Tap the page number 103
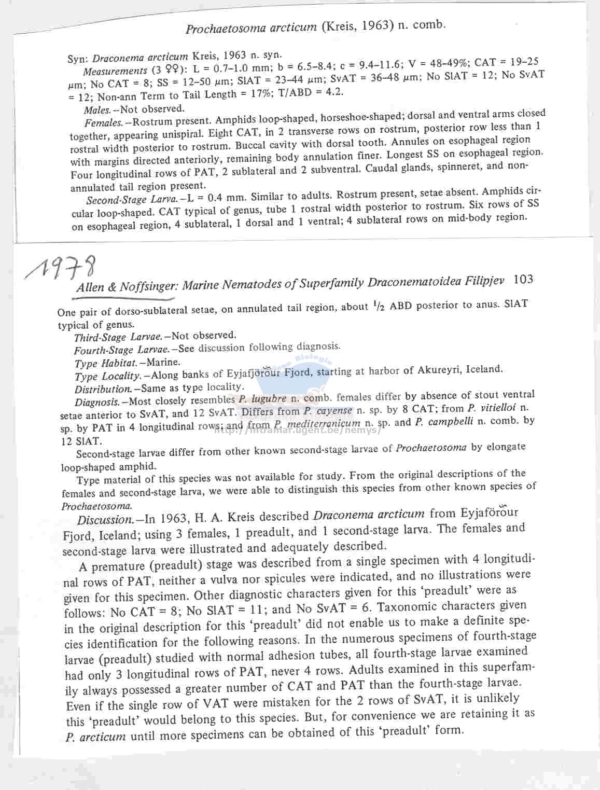[523, 280]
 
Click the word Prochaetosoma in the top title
[225, 28]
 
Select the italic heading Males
[97, 110]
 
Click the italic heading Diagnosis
[97, 402]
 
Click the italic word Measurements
[115, 71]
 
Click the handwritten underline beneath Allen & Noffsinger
[124, 299]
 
